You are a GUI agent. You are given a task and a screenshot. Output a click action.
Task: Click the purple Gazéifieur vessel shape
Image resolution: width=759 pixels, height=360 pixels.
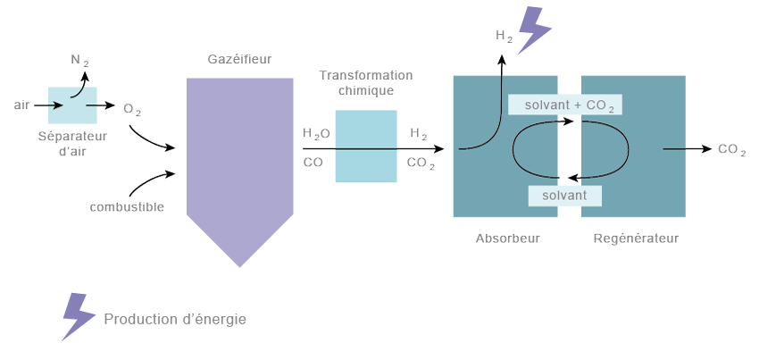[x=239, y=161]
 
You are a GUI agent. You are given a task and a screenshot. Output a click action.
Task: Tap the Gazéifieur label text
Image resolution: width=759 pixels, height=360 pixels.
[x=239, y=59]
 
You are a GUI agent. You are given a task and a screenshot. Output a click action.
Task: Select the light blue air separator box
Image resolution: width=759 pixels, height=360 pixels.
[x=72, y=105]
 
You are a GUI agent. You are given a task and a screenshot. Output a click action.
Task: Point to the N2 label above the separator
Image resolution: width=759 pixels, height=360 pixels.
[x=80, y=61]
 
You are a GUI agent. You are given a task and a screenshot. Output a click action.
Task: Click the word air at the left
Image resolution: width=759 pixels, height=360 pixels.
[x=21, y=105]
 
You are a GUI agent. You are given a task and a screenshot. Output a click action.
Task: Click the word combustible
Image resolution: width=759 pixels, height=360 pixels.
[x=127, y=207]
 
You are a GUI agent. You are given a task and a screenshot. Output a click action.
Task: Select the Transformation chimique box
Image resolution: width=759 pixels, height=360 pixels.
[x=365, y=146]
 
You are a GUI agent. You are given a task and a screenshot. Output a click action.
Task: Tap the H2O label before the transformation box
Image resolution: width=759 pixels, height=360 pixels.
[x=316, y=134]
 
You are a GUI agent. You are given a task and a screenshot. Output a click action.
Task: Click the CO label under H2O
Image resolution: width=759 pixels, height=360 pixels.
[x=313, y=163]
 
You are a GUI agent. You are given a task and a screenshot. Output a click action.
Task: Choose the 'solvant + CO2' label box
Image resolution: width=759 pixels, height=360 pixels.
[x=564, y=105]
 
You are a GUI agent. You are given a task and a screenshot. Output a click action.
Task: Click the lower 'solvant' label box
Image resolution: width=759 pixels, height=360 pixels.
[x=564, y=195]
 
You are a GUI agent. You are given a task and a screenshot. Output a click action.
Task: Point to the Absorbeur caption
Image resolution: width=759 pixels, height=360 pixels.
[x=508, y=239]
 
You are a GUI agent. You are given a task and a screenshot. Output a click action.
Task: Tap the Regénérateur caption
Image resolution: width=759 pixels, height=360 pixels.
[x=636, y=239]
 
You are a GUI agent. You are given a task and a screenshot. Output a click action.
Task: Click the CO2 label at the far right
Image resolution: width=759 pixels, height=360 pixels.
[x=732, y=149]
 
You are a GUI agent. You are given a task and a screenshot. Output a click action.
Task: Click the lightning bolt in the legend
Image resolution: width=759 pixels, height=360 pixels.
[x=78, y=316]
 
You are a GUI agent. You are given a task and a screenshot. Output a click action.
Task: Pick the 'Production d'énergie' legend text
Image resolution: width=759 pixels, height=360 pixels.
[x=174, y=319]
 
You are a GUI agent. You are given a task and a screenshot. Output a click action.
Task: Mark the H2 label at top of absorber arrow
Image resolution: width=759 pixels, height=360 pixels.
[x=505, y=36]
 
